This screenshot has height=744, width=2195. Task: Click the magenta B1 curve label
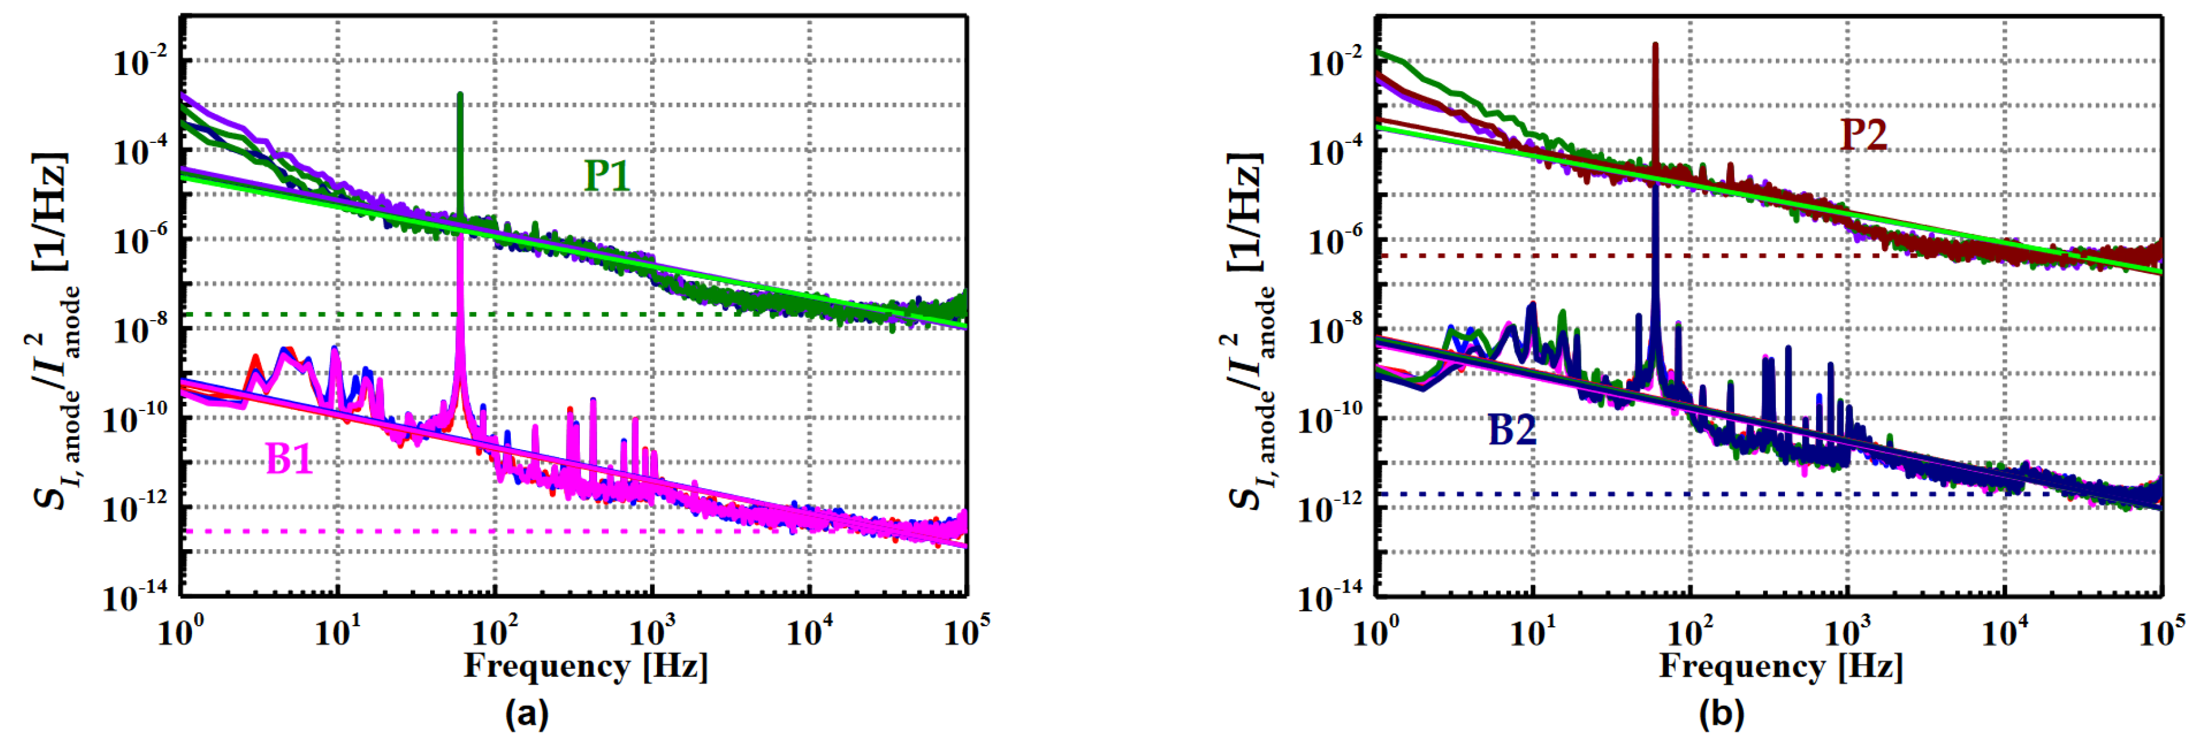[290, 460]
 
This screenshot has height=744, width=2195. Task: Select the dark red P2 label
[1864, 134]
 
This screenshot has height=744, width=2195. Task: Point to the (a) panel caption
[527, 713]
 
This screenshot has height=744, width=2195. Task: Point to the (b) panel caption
[1721, 713]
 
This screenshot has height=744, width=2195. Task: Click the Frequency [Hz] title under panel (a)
[585, 666]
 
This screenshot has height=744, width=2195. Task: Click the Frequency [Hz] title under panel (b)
[1781, 666]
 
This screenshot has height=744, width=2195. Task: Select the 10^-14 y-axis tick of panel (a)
[136, 597]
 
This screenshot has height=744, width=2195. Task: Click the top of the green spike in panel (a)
[460, 93]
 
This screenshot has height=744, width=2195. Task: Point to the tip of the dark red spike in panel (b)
[1655, 45]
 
